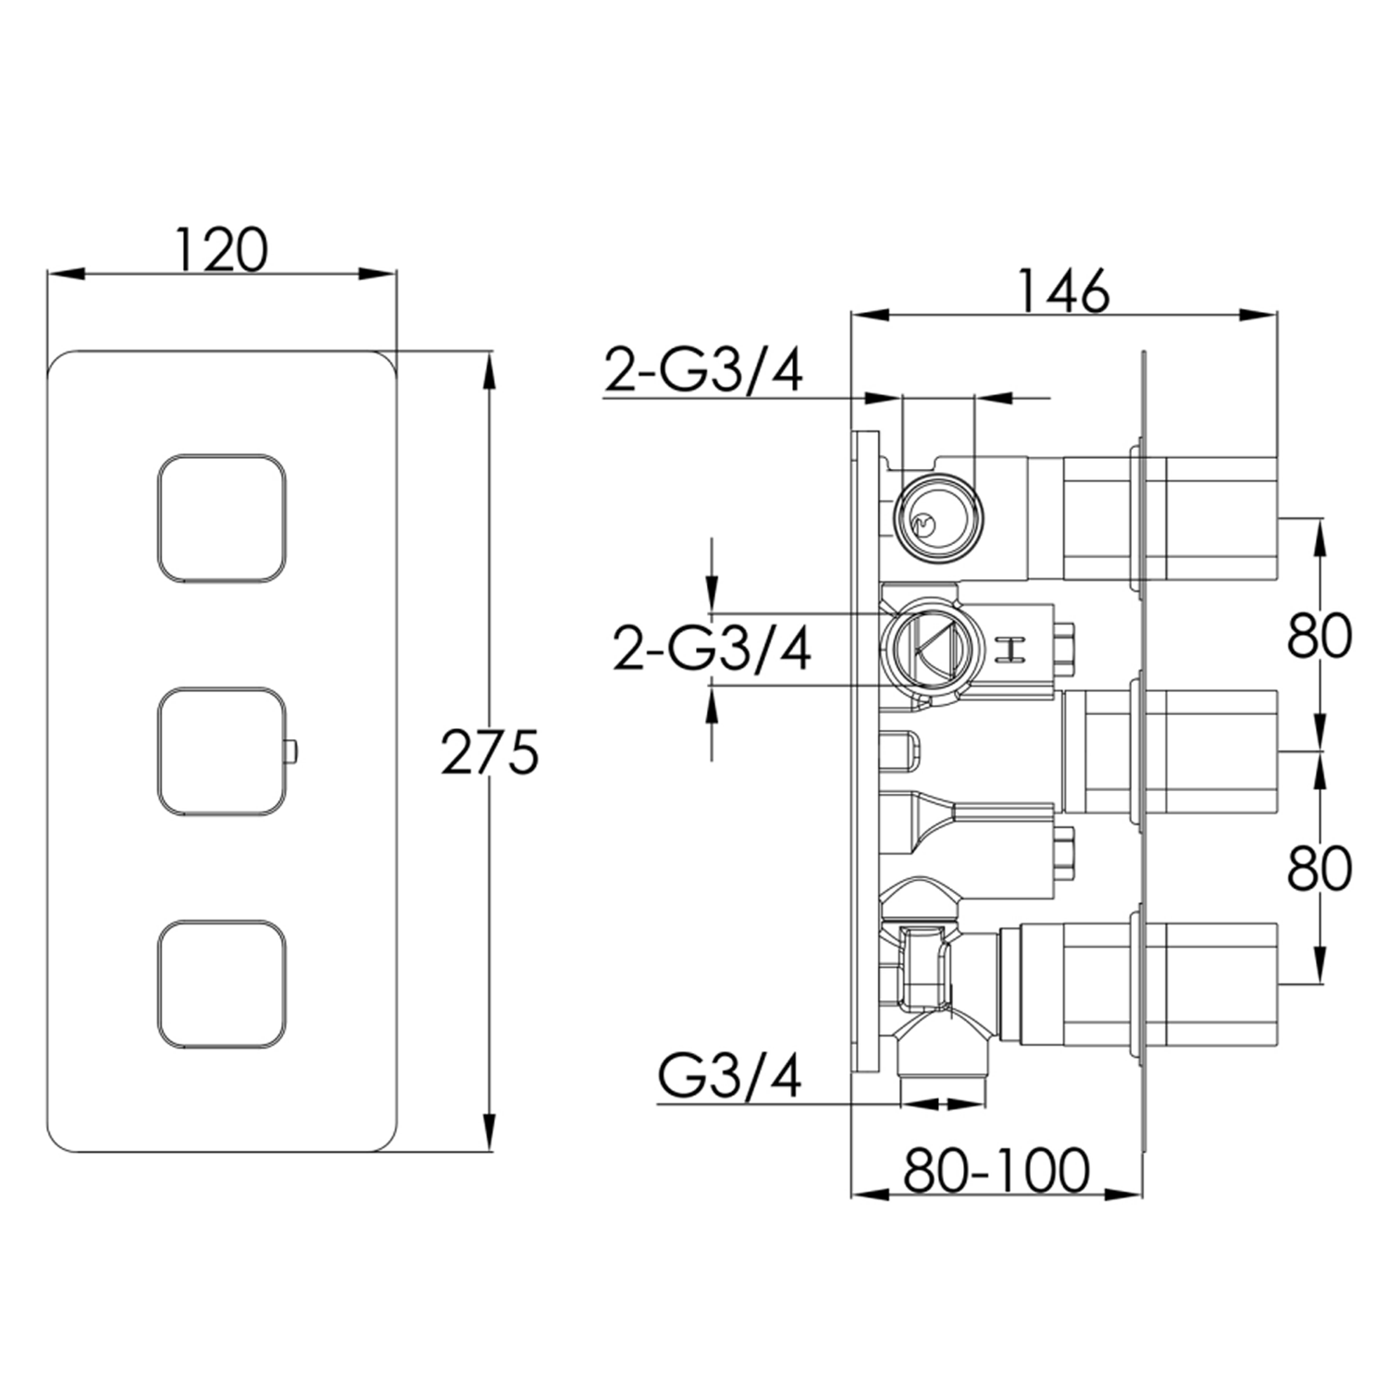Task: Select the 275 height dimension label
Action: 489,751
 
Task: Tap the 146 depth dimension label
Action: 1063,291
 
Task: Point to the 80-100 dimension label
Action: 997,1171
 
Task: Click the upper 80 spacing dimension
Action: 1320,636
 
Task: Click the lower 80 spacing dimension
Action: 1320,869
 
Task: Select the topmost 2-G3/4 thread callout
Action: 703,370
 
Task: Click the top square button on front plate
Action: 221,518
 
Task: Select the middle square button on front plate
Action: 221,751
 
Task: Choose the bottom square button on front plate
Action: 221,985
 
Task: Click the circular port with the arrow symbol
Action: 925,648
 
